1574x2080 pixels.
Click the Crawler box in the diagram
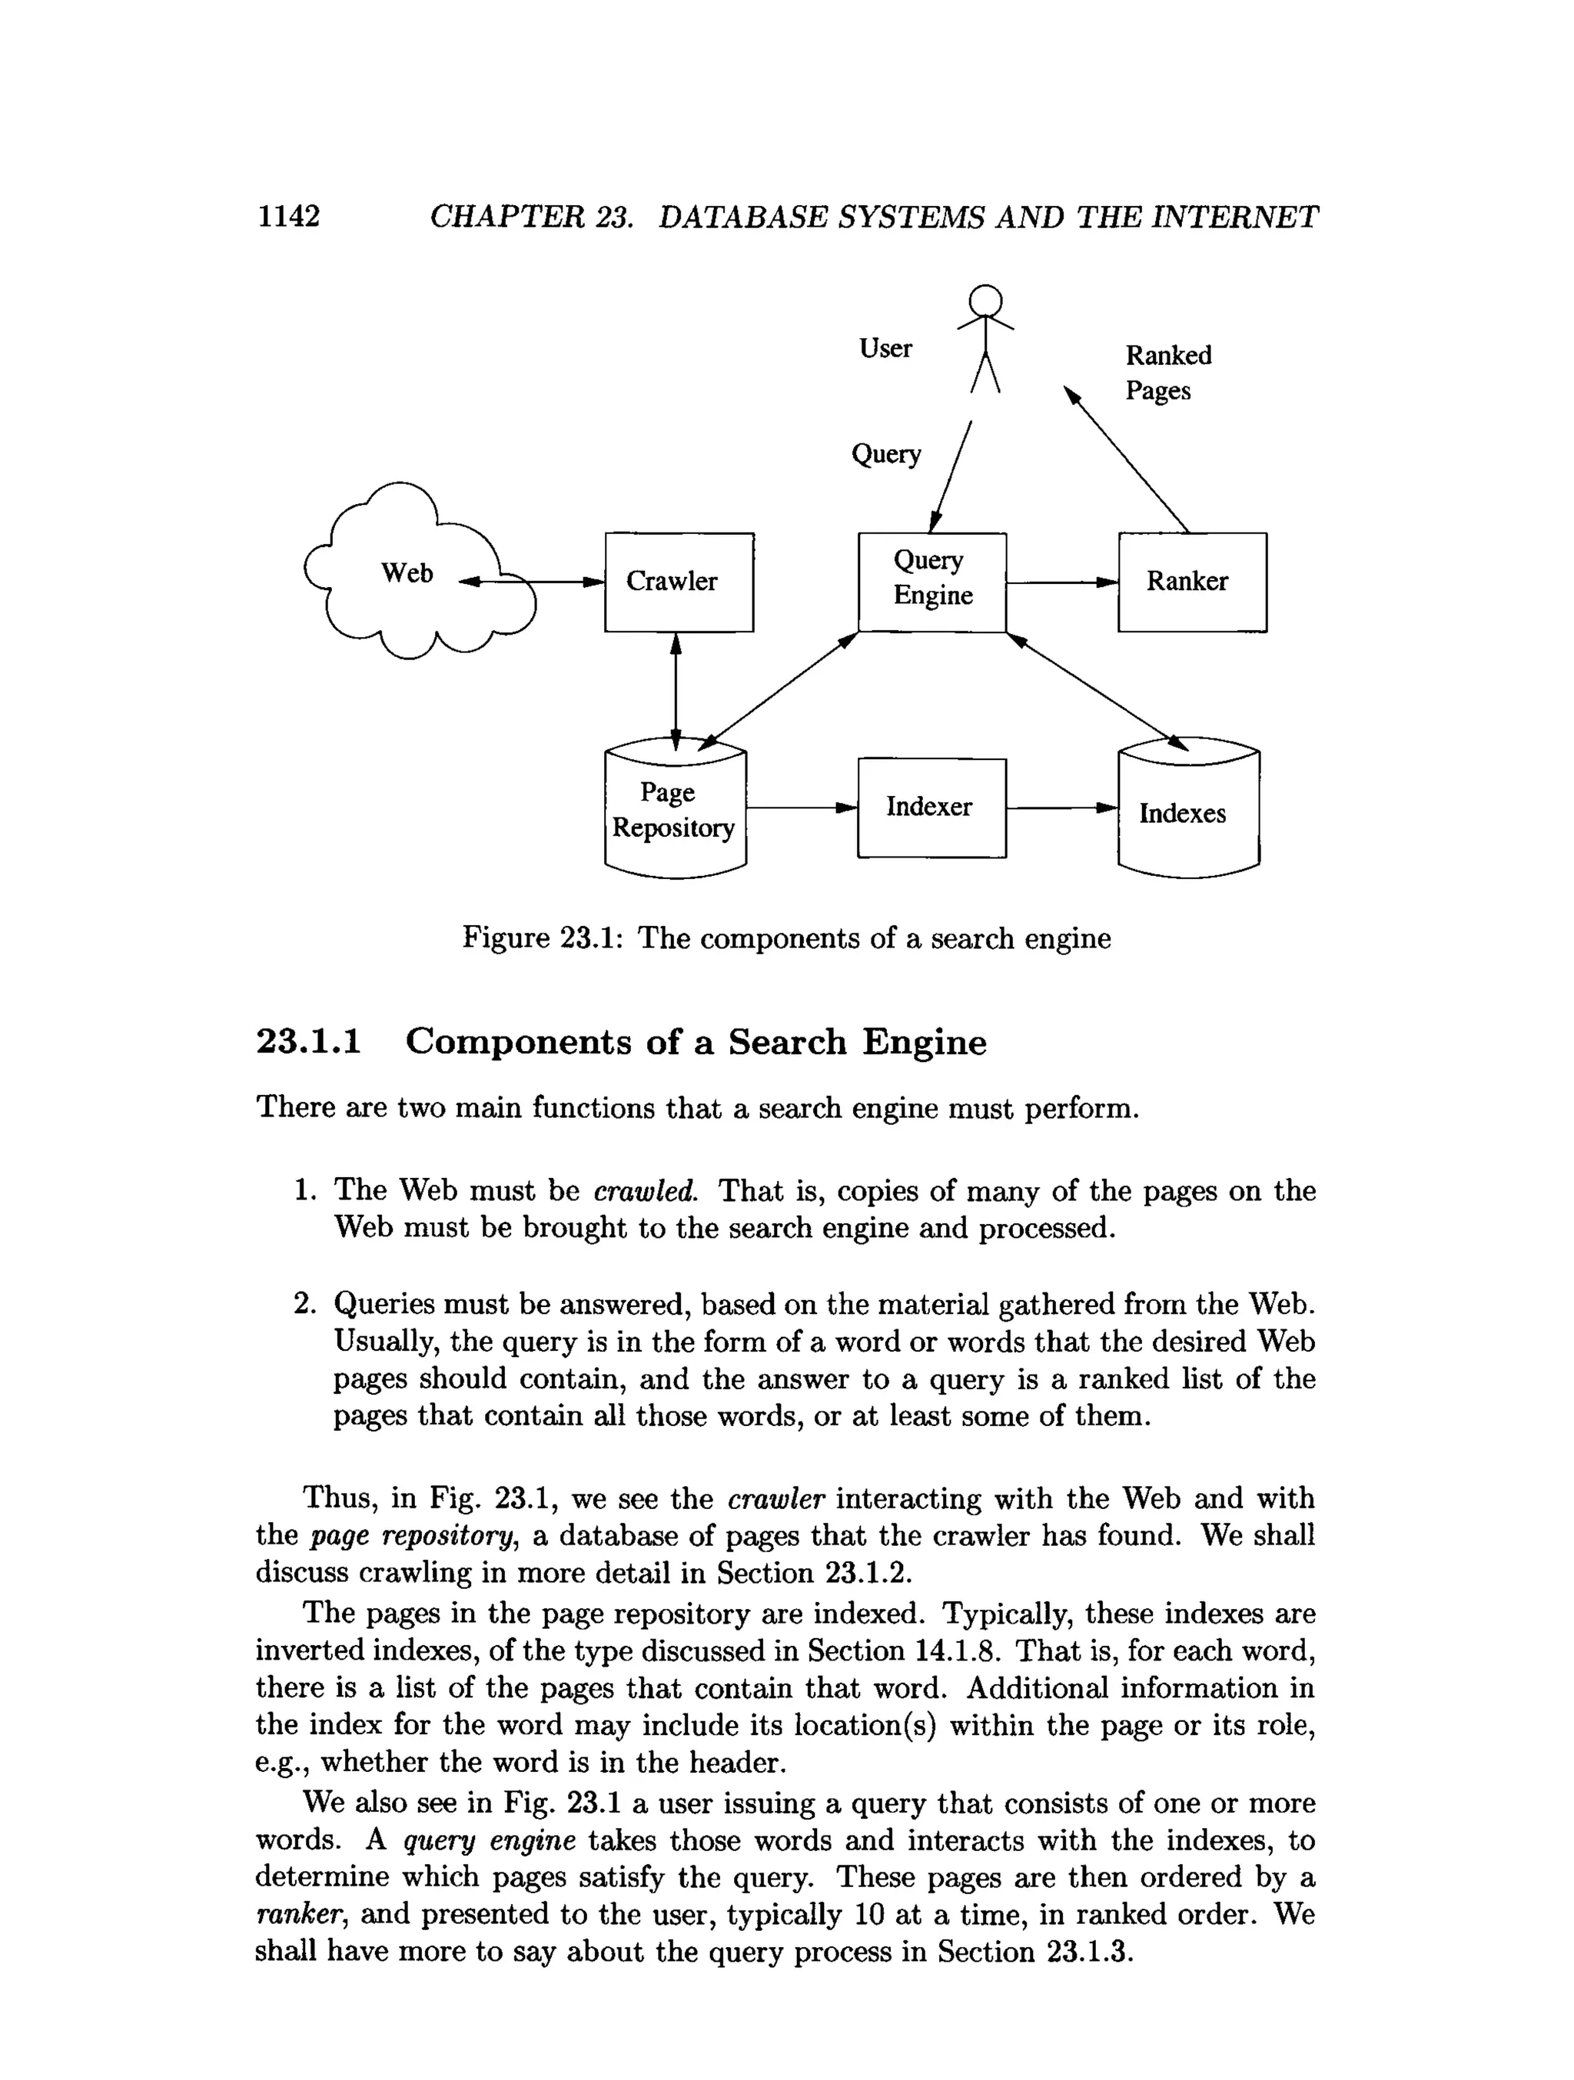pyautogui.click(x=678, y=582)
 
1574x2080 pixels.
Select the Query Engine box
pyautogui.click(x=931, y=582)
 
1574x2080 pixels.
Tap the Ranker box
pyautogui.click(x=1191, y=582)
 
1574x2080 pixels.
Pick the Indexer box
pyautogui.click(x=931, y=808)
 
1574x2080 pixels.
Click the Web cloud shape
pyautogui.click(x=407, y=574)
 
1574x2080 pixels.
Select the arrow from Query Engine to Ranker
pyautogui.click(x=1061, y=583)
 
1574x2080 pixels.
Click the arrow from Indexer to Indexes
pyautogui.click(x=1061, y=808)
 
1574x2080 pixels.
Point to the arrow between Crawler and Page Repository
pyautogui.click(x=675, y=690)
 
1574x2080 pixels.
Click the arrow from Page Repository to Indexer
pyautogui.click(x=801, y=808)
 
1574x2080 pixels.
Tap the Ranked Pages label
pyautogui.click(x=1167, y=373)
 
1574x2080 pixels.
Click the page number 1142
pyautogui.click(x=289, y=216)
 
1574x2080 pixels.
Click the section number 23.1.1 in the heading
pyautogui.click(x=308, y=1043)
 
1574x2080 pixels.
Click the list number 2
pyautogui.click(x=304, y=1303)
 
